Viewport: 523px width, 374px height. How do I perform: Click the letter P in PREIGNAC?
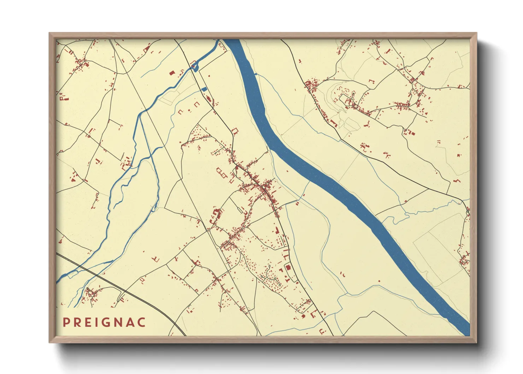[x=66, y=322]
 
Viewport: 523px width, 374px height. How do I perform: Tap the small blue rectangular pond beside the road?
[x=204, y=88]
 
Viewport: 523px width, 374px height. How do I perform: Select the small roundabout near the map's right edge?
[x=468, y=211]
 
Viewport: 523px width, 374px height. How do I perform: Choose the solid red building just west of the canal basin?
[x=172, y=73]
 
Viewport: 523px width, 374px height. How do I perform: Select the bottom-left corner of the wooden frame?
[x=50, y=342]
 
